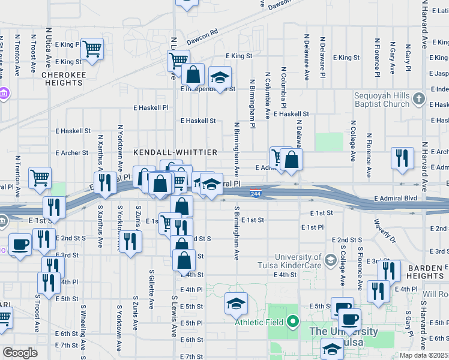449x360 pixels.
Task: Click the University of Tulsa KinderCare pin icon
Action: point(330,260)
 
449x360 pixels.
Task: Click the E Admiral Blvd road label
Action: point(394,198)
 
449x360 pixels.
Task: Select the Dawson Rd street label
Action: point(202,38)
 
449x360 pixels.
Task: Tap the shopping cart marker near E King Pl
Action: point(92,49)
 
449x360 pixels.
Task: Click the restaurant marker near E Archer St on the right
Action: point(402,157)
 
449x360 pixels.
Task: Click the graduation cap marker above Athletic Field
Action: point(236,304)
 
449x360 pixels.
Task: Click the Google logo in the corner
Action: point(20,353)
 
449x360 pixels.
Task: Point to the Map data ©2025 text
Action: point(423,355)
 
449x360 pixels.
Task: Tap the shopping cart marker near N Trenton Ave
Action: point(40,177)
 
